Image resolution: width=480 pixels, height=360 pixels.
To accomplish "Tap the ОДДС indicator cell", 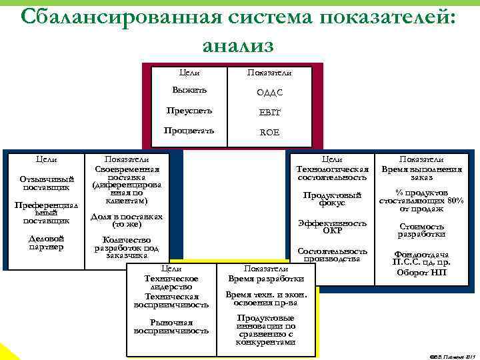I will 269,92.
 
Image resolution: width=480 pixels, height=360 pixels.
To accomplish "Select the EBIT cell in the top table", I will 269,112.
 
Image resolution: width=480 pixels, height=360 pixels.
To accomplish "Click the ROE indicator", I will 269,132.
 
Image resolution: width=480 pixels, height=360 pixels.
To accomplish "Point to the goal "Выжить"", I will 189,90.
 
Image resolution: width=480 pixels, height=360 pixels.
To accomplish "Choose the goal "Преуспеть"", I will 189,110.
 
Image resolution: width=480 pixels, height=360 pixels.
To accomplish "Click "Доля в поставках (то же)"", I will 127,221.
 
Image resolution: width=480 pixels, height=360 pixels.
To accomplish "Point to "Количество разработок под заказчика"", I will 127,247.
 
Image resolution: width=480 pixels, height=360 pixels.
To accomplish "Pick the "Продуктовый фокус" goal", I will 331,199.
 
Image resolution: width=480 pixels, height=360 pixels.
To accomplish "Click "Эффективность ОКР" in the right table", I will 331,227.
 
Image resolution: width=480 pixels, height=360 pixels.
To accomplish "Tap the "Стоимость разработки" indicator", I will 421,230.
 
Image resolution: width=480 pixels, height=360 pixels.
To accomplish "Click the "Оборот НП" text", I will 421,272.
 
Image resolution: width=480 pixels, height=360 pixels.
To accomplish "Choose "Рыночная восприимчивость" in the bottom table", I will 171,327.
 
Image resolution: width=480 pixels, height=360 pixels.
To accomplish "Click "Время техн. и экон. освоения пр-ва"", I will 266,298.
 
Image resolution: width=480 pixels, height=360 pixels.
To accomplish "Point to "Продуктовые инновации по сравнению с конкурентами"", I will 266,330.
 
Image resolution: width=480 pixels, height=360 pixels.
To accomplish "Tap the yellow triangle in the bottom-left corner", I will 7,353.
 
